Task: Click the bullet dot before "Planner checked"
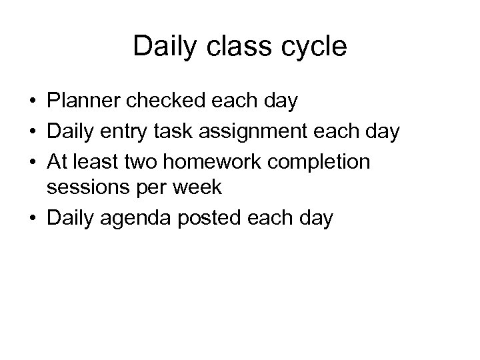32,103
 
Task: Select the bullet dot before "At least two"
32,160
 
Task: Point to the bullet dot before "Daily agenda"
32,218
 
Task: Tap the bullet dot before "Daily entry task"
32,131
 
